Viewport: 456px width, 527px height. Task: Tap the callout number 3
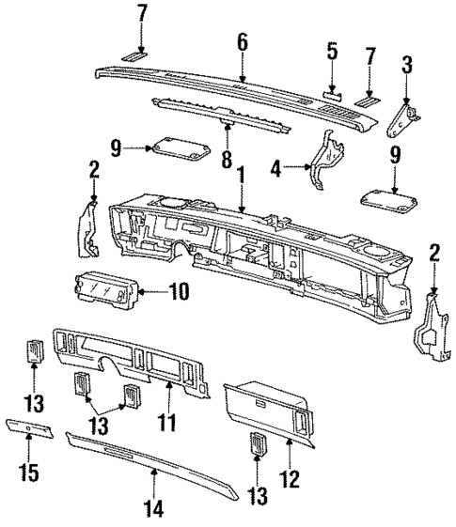pyautogui.click(x=406, y=66)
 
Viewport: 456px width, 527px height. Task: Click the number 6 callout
pyautogui.click(x=242, y=41)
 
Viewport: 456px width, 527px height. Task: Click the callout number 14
pyautogui.click(x=154, y=509)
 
